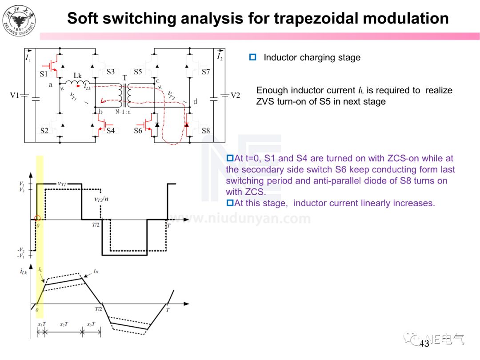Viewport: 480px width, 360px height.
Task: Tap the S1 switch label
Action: tap(44, 73)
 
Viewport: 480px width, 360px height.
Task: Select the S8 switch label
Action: tap(205, 131)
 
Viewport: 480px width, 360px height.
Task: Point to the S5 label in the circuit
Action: tap(138, 72)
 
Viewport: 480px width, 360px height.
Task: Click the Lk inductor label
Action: tap(77, 76)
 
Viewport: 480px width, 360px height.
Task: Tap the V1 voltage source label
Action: tap(16, 95)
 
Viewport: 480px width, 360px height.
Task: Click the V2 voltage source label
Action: tap(235, 95)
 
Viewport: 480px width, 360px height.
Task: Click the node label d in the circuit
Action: tap(195, 102)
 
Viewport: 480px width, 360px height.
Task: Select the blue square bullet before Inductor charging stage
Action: tap(253, 57)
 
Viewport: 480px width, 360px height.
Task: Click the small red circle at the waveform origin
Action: tap(37, 219)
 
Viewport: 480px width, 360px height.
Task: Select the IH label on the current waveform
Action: tap(96, 270)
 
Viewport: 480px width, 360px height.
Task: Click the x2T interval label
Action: tap(64, 324)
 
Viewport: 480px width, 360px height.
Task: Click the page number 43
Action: tap(424, 344)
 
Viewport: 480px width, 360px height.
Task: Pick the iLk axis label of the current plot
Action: tap(24, 272)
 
